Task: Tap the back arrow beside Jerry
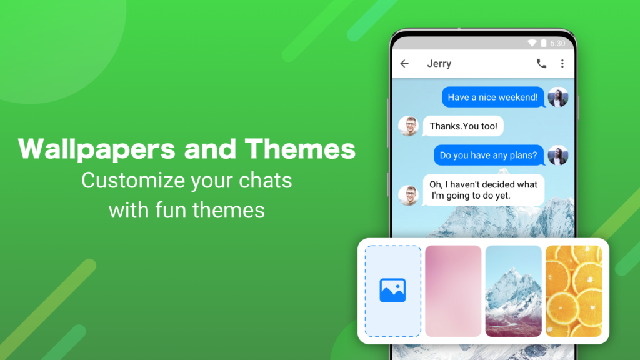tap(404, 63)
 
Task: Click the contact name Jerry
tap(439, 63)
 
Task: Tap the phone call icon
tap(541, 63)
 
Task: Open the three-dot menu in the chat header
tap(562, 63)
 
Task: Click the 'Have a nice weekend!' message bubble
tap(492, 97)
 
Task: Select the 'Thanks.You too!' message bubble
tap(463, 126)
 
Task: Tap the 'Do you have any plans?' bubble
tap(488, 155)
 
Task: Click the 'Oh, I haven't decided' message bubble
tap(483, 190)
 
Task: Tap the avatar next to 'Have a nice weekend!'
tap(557, 97)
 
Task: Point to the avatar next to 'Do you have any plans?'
tap(557, 155)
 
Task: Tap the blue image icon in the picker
tap(392, 291)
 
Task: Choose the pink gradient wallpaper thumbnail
tap(453, 291)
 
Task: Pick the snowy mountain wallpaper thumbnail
tap(513, 291)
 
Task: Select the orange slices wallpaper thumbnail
tap(573, 291)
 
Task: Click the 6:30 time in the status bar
tap(557, 43)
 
